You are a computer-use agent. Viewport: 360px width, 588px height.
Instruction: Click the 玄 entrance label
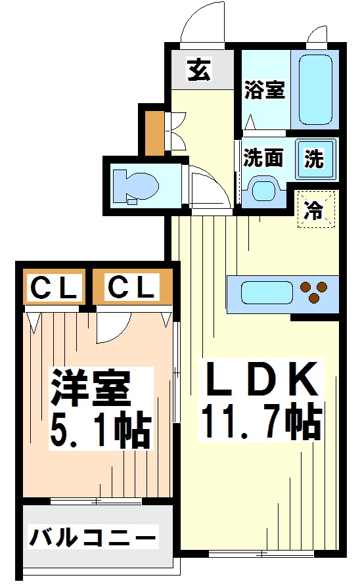(x=198, y=69)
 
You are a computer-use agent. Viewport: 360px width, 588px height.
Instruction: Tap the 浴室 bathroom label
(x=264, y=90)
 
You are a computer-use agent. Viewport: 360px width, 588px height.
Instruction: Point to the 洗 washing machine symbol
(x=313, y=158)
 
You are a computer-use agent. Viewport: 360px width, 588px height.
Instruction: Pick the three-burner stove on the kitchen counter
(x=315, y=291)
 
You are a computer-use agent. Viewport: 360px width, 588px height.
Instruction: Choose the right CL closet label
(x=132, y=287)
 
